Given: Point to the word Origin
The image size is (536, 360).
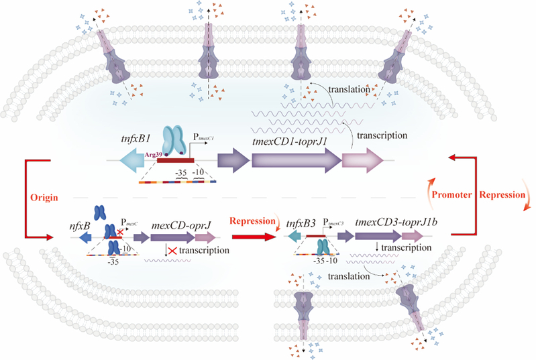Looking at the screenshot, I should [x=43, y=198].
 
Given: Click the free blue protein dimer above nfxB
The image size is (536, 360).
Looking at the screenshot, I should [x=99, y=213].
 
